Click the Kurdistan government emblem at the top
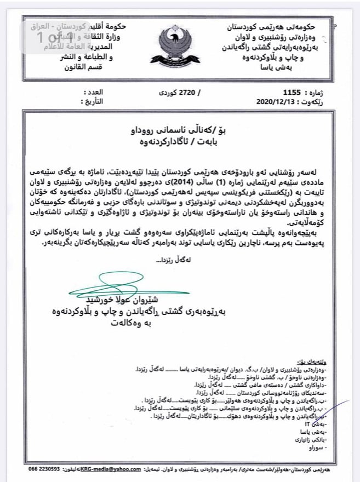pos(179,47)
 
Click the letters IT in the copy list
pos(314,424)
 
